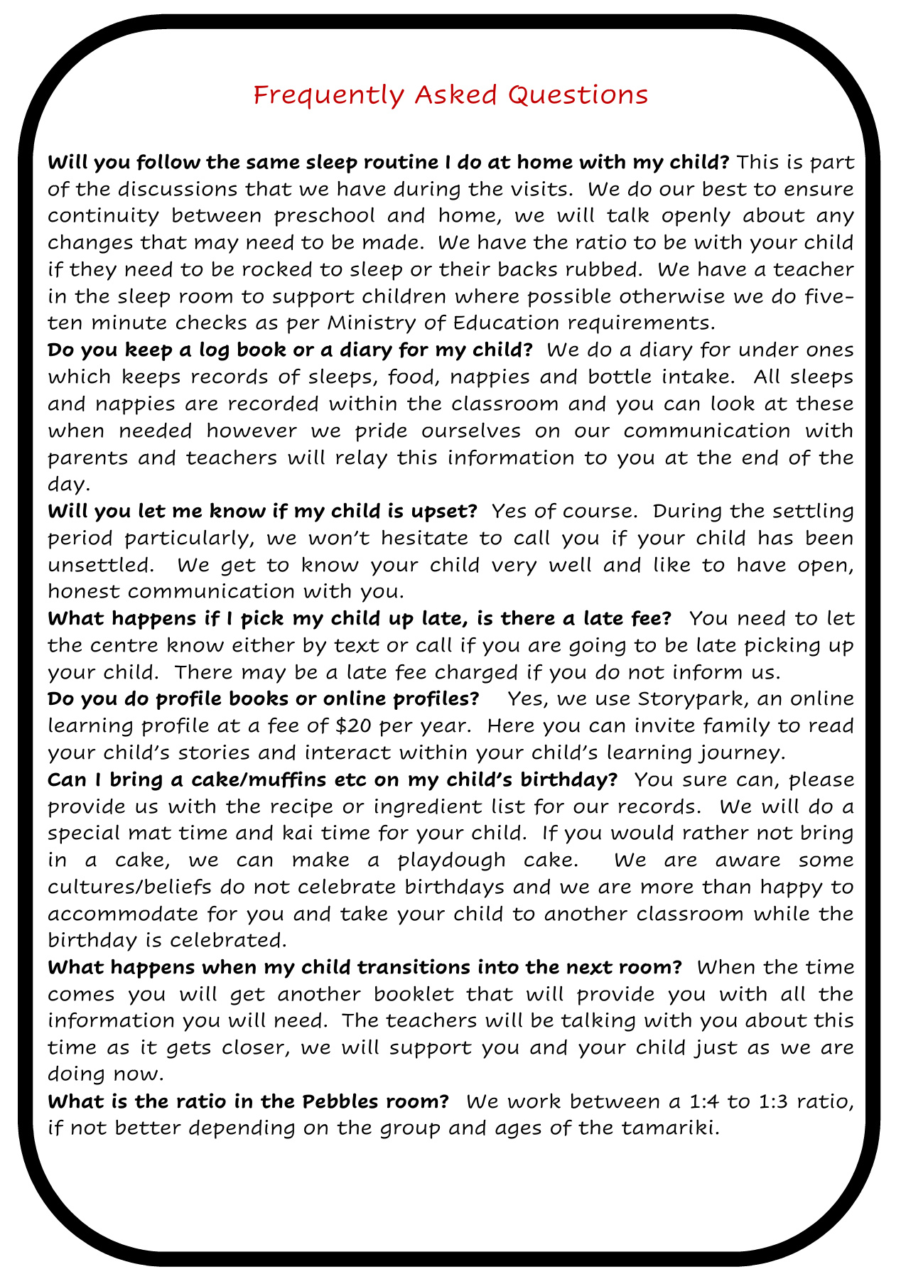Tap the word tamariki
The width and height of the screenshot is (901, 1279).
[x=664, y=1128]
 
